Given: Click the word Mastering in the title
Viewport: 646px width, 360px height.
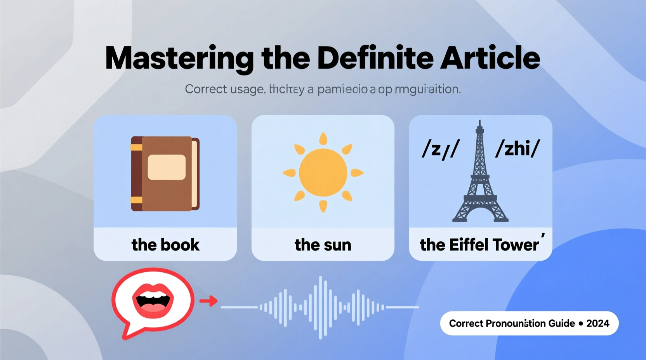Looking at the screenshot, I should coord(179,59).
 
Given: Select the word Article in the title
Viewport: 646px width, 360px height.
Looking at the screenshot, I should coord(490,58).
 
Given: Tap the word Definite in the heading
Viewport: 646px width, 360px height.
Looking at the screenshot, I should coord(375,58).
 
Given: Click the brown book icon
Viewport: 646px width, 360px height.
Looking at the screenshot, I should coord(165,173).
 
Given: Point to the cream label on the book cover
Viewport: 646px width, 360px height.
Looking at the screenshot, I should coord(167,167).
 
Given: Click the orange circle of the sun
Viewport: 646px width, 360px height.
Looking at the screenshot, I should coord(323,173).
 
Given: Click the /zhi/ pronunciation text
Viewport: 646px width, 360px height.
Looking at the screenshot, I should coord(517,149).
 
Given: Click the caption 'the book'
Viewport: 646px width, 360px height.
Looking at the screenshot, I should coord(165,245).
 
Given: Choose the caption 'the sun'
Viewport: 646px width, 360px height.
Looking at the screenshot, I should coord(323,245).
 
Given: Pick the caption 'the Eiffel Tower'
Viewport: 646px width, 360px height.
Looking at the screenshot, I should coord(479,245).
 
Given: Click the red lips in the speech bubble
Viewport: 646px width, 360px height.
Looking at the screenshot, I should coord(153,299).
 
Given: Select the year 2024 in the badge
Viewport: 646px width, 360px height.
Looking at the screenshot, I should coord(598,324).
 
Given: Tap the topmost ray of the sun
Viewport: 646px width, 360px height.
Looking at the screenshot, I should coord(323,138).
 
